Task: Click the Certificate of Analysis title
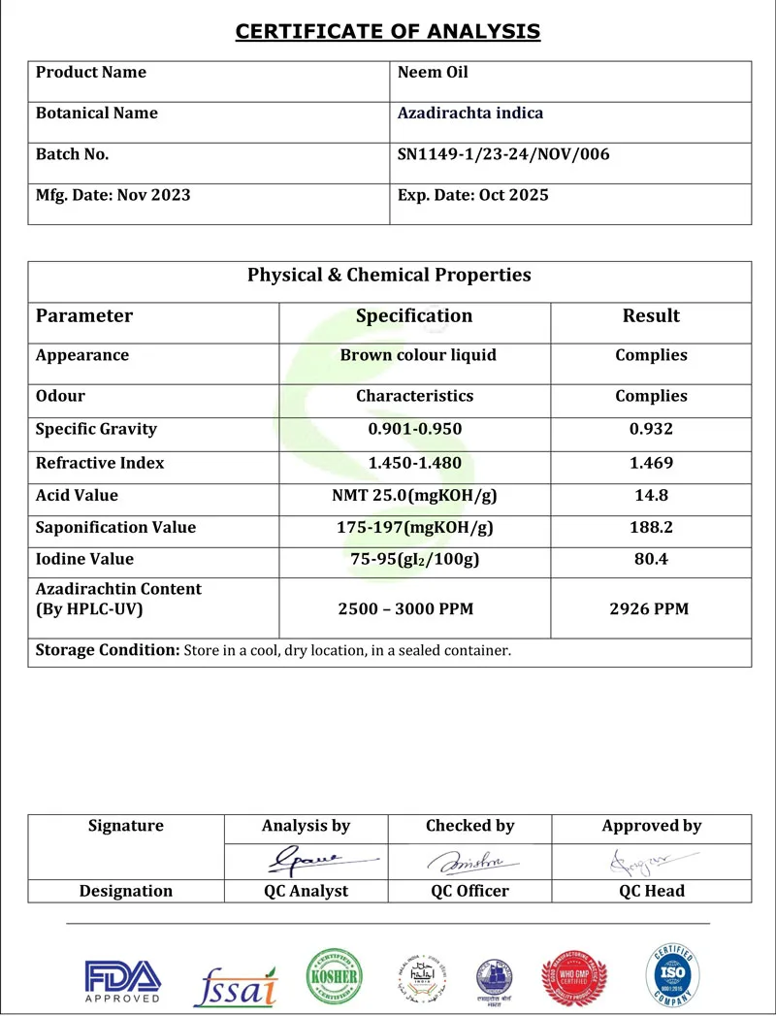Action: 388,32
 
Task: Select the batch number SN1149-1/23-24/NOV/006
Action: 503,154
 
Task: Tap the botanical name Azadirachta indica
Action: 470,114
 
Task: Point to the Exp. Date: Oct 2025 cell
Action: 473,195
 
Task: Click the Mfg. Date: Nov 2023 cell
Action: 113,195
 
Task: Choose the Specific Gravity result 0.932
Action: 651,430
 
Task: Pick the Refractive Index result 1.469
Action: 651,463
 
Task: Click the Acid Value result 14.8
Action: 651,496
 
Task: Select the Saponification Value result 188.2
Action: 651,528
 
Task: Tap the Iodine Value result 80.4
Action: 651,560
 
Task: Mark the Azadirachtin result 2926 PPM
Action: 651,609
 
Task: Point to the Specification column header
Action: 414,316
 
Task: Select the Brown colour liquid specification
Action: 418,355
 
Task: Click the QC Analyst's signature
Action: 308,860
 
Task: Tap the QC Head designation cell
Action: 651,891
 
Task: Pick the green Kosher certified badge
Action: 334,976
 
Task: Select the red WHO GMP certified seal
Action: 574,978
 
